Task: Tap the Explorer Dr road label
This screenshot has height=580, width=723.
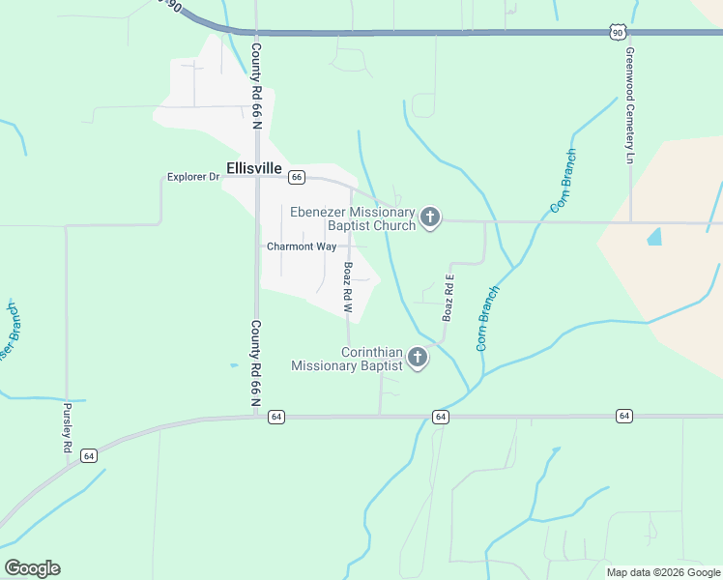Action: click(193, 177)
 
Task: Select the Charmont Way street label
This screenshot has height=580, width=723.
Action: click(302, 246)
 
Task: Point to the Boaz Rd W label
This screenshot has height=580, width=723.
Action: click(348, 287)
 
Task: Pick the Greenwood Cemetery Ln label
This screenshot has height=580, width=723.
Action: click(629, 105)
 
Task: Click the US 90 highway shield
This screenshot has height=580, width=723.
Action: click(617, 33)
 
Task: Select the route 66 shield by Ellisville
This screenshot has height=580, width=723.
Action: click(297, 177)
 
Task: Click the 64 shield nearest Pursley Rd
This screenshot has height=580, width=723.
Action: click(89, 455)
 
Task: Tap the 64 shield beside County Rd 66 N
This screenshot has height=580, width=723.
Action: click(276, 417)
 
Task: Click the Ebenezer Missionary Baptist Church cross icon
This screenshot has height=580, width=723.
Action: click(431, 218)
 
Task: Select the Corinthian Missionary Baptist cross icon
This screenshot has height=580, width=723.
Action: click(418, 359)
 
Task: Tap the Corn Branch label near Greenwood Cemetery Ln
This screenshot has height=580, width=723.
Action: click(564, 181)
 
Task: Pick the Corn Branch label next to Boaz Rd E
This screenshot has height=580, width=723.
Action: click(488, 318)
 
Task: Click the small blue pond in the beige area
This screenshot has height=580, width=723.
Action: click(654, 235)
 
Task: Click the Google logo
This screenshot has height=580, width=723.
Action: click(32, 568)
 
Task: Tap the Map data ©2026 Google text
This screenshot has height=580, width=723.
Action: click(662, 572)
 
